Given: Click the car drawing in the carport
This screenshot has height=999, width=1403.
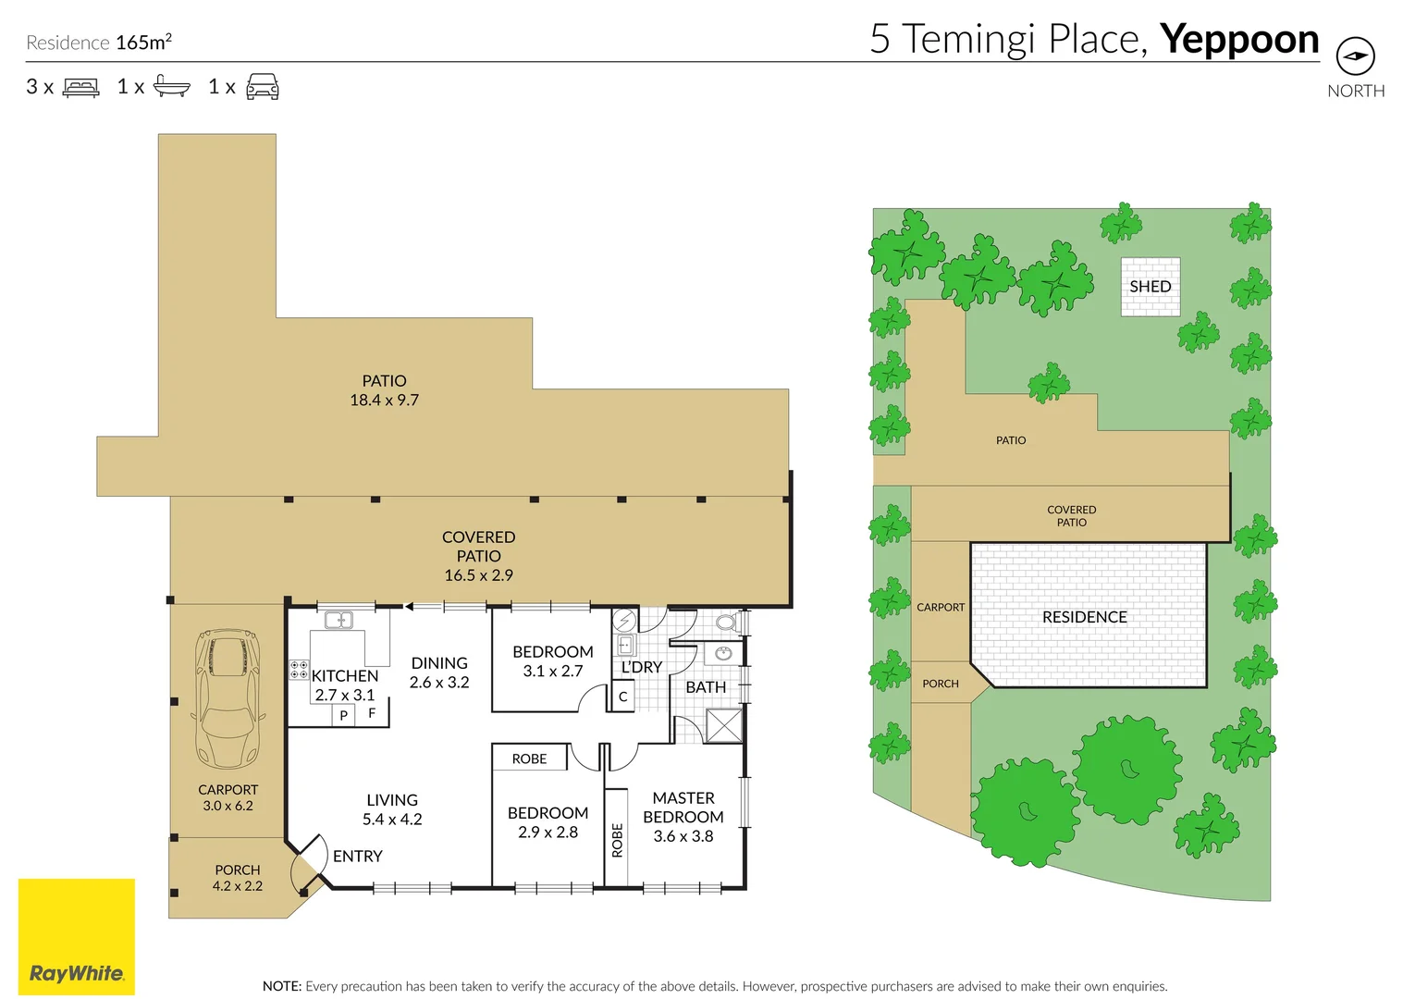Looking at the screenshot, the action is tap(228, 698).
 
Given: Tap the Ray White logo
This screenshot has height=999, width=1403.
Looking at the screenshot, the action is tap(77, 936).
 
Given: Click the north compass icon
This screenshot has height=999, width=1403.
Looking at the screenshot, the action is tap(1356, 55).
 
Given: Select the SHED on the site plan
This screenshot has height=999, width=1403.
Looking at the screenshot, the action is tap(1150, 286).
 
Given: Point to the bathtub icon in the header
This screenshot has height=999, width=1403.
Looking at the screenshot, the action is tap(172, 86).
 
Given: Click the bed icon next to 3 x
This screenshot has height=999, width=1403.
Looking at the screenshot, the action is tap(80, 86).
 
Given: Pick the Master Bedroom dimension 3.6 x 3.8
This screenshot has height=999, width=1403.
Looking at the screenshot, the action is tap(683, 836).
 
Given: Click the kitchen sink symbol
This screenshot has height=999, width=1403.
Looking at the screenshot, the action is tap(338, 620).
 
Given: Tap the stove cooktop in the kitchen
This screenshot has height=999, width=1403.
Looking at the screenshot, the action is tap(299, 670).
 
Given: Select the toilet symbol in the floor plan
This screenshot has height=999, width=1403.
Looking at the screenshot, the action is tap(727, 623).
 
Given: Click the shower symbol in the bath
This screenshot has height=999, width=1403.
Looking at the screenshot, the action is tap(723, 726).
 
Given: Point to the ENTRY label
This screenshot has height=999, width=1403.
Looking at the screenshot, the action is tap(357, 857).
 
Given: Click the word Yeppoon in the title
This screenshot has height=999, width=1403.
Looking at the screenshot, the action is tap(1239, 40).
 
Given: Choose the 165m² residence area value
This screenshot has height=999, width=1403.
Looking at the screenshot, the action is tap(143, 42).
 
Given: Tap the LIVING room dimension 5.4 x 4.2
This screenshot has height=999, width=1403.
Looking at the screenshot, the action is tap(392, 820).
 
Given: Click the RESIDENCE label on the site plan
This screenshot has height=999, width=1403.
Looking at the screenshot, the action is tap(1084, 617).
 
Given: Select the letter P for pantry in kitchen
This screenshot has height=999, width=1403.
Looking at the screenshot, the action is tap(343, 715).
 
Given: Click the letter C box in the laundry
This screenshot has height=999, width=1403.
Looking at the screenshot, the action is tap(622, 697).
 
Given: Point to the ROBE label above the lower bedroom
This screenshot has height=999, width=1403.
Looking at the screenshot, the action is tap(529, 758).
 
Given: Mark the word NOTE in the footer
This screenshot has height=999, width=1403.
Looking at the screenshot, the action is tap(281, 986).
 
